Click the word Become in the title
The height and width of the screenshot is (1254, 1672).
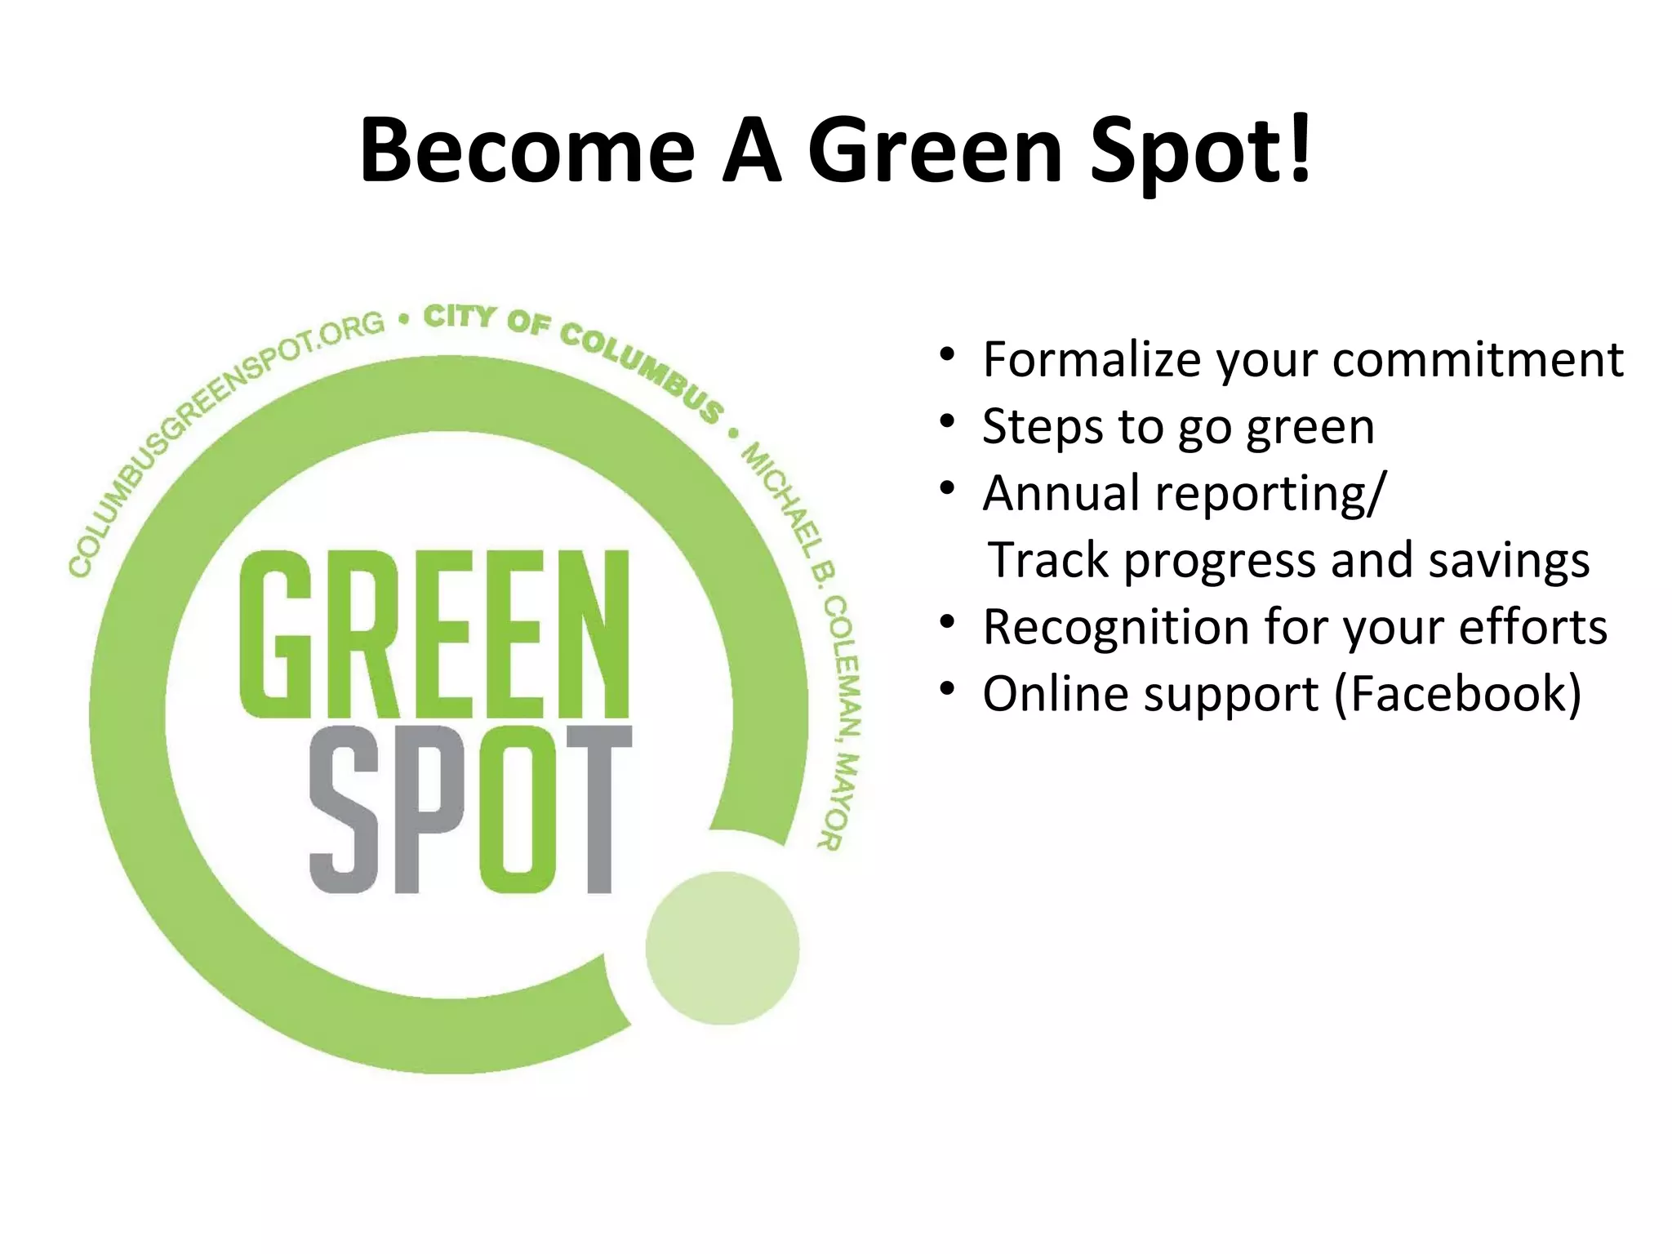click(x=527, y=151)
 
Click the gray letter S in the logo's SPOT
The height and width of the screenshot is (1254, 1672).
click(x=345, y=809)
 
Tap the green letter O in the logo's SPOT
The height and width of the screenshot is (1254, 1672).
click(x=520, y=809)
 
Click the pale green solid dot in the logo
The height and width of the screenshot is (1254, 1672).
click(x=722, y=948)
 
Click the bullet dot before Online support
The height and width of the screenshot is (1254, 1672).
click(x=947, y=690)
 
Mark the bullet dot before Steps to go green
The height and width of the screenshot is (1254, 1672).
click(x=947, y=422)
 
